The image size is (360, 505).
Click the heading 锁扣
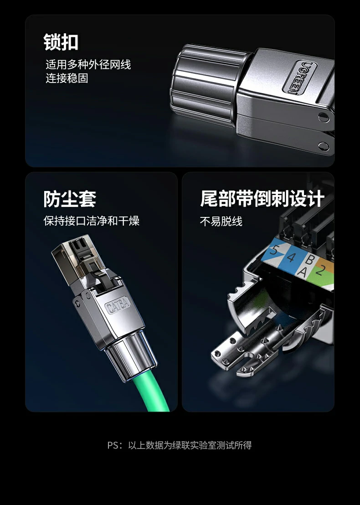(x=61, y=42)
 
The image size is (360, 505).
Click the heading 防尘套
(x=70, y=199)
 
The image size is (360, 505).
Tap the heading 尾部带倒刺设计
(x=262, y=199)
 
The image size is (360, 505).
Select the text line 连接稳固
(x=67, y=78)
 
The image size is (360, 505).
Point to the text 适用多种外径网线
(x=88, y=65)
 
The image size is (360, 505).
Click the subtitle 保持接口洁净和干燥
(x=91, y=222)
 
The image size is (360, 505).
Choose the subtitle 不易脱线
(x=221, y=222)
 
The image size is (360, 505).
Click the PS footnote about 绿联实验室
(x=180, y=445)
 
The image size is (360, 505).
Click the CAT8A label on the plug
(x=118, y=305)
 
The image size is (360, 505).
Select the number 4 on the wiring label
(x=290, y=258)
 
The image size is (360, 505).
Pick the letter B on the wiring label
(x=309, y=260)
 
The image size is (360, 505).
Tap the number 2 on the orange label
(x=319, y=270)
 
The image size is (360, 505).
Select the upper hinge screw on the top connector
(x=324, y=117)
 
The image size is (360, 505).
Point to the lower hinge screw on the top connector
(x=324, y=146)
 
